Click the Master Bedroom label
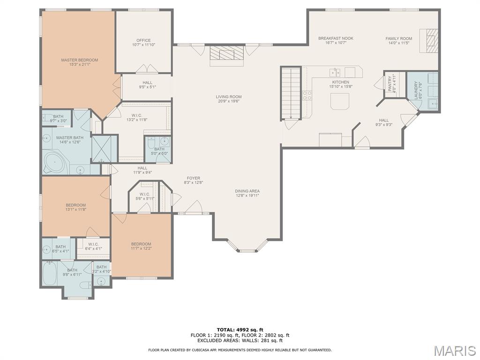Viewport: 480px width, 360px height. (x=80, y=60)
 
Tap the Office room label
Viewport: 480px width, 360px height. (x=143, y=40)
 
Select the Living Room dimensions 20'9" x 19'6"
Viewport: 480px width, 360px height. (x=229, y=101)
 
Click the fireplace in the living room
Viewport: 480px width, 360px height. (x=227, y=55)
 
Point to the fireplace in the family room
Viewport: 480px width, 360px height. (x=429, y=41)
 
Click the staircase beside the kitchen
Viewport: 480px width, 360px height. (x=291, y=93)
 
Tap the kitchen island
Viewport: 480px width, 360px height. (x=340, y=101)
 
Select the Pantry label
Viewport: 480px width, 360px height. (x=390, y=83)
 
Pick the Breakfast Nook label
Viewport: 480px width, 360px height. (x=336, y=38)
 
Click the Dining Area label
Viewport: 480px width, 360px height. (x=247, y=191)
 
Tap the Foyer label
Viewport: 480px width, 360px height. (x=194, y=178)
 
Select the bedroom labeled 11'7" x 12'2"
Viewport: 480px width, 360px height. (x=141, y=246)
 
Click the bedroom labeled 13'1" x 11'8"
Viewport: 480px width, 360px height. (x=75, y=207)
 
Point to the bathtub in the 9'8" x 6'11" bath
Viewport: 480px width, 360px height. (x=49, y=273)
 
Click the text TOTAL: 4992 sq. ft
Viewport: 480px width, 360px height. (x=240, y=330)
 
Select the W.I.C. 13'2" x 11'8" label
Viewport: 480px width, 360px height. (x=137, y=118)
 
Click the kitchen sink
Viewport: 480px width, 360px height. (x=335, y=73)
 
